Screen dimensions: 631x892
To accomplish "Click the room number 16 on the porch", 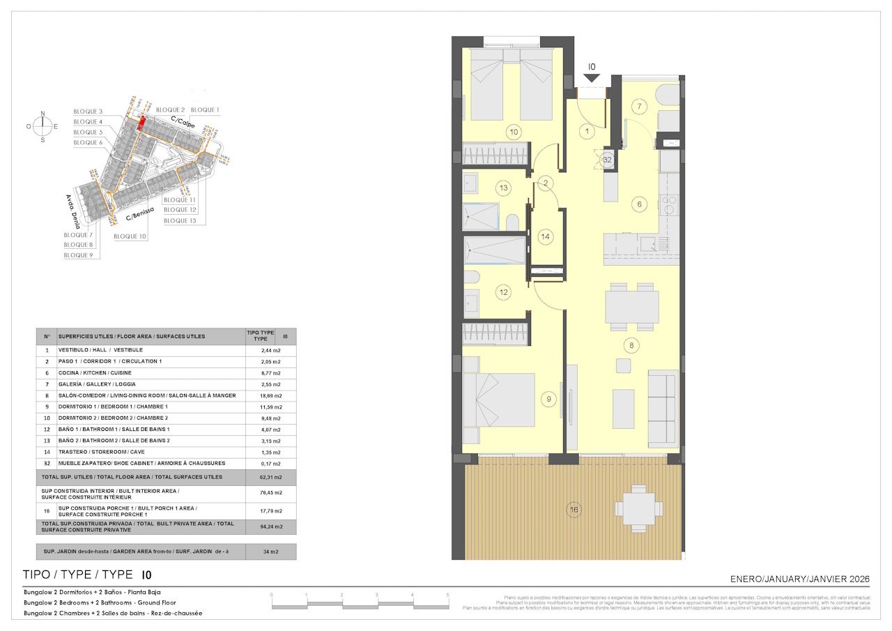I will point(574,510).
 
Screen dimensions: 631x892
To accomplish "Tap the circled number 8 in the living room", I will point(631,344).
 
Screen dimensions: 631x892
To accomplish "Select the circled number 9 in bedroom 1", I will point(549,400).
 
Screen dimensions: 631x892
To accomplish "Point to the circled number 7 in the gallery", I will point(641,107).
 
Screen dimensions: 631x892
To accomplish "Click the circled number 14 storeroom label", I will point(546,236).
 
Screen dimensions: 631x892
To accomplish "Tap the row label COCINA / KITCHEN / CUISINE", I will point(95,373).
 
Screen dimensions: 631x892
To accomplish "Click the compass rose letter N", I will point(43,113).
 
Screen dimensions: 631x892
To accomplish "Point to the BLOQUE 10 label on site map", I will point(130,236).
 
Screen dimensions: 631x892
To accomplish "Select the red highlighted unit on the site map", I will point(141,123).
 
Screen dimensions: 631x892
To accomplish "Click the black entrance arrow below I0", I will point(592,79).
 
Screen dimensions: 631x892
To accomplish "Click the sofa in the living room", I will point(662,409).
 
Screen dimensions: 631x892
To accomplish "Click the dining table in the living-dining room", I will point(631,306).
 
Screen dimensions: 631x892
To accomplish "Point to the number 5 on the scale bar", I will point(447,595).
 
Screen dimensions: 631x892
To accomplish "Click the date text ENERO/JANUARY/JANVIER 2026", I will point(799,579).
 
